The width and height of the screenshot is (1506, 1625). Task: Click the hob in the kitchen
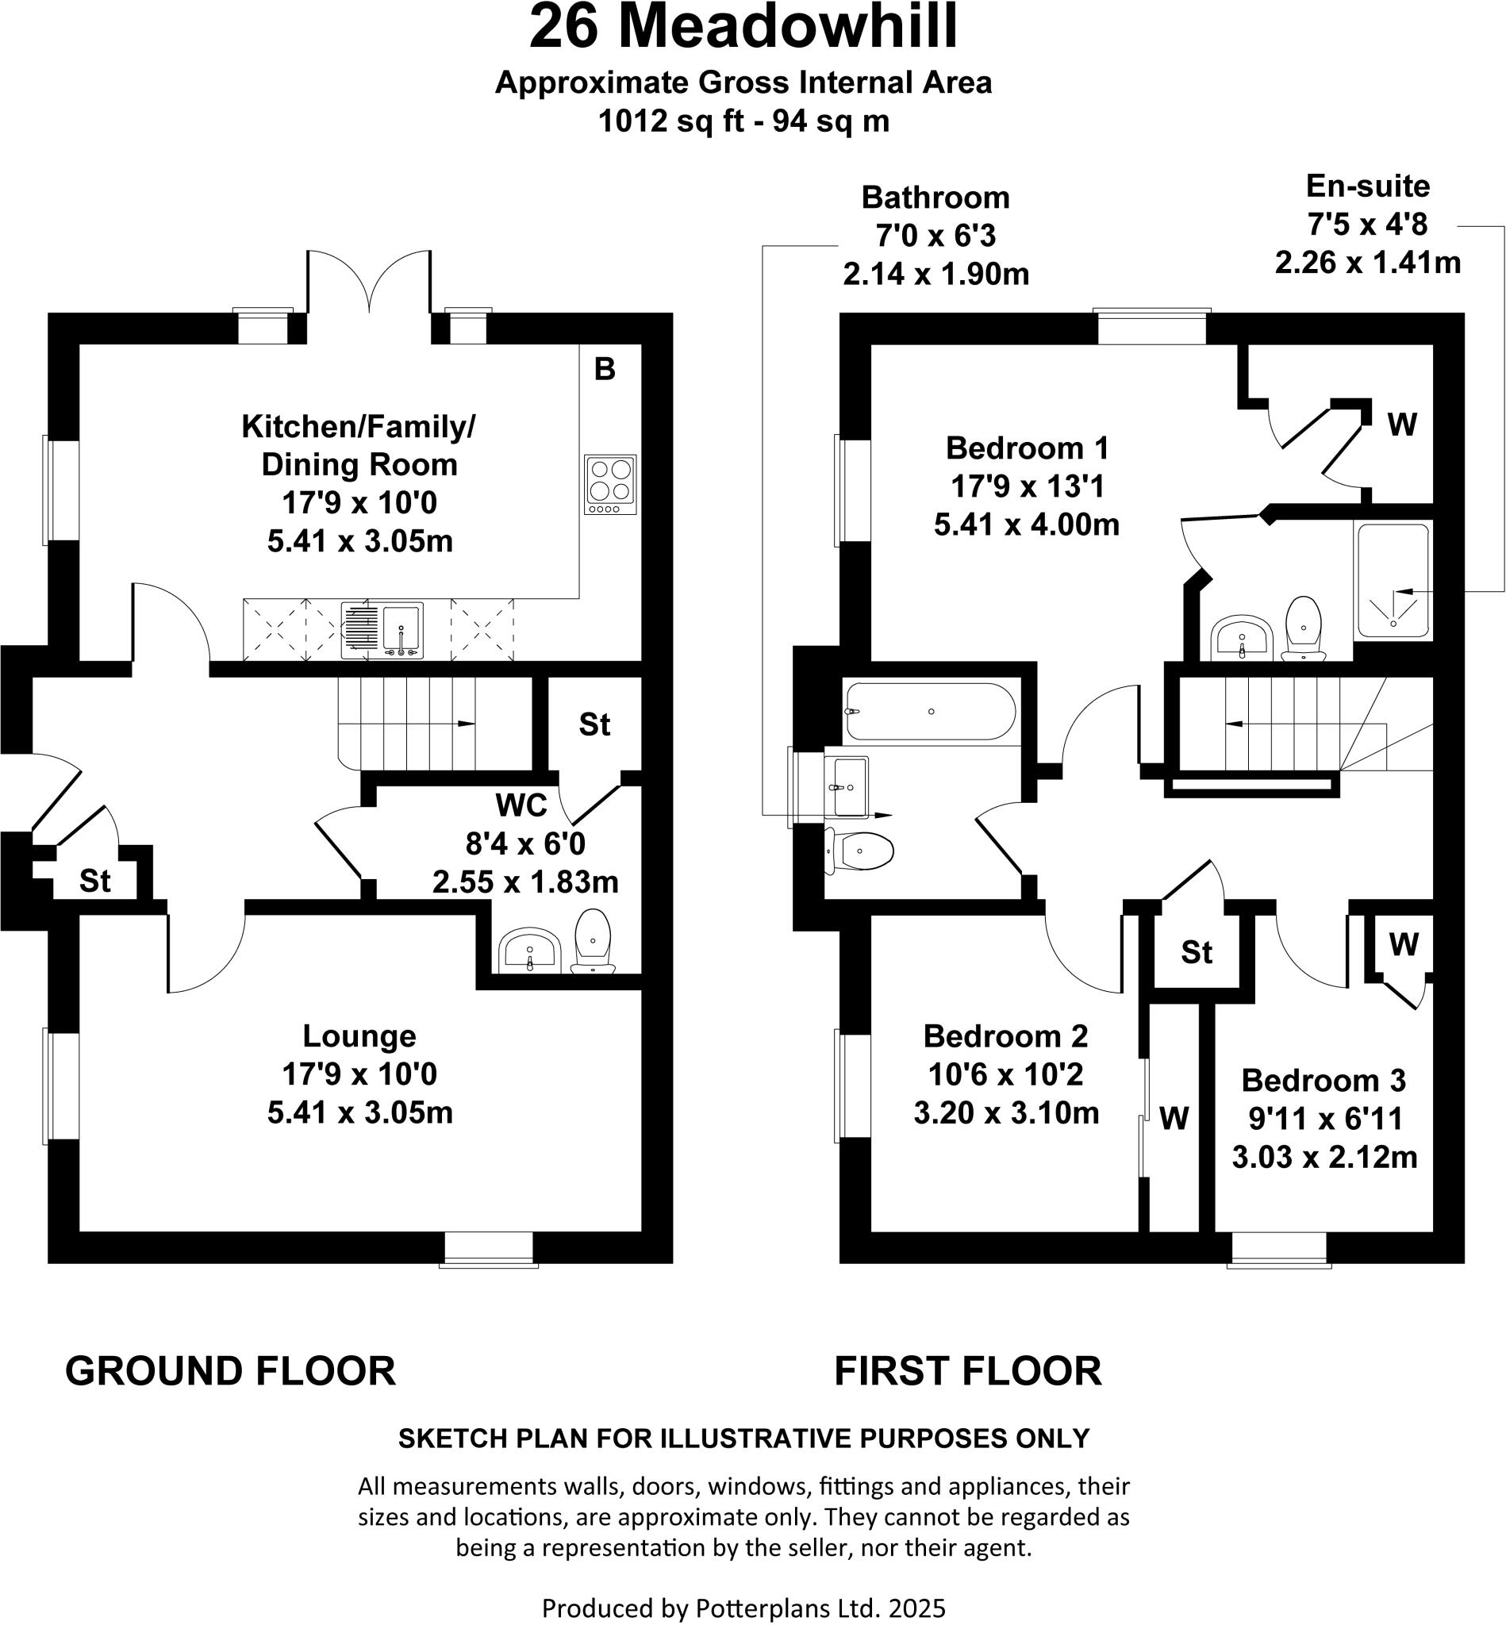pos(610,484)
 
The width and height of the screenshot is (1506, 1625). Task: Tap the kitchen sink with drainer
pos(382,629)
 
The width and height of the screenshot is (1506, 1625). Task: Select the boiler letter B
pos(605,369)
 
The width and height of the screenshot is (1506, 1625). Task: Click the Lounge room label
pos(359,1035)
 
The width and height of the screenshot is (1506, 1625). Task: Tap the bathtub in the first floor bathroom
pos(931,712)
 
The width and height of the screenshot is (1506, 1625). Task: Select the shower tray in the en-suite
pos(1393,580)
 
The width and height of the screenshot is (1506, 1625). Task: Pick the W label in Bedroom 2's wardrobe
pos(1174,1119)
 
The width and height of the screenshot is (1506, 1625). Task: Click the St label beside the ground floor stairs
pos(595,724)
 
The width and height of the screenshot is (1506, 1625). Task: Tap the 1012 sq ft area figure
pos(671,121)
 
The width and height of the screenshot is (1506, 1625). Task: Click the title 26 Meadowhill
pos(743,28)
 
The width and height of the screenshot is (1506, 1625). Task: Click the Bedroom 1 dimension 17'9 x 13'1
pos(1027,486)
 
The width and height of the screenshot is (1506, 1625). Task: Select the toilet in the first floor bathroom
pos(860,852)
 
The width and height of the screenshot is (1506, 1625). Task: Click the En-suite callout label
pos(1367,186)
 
